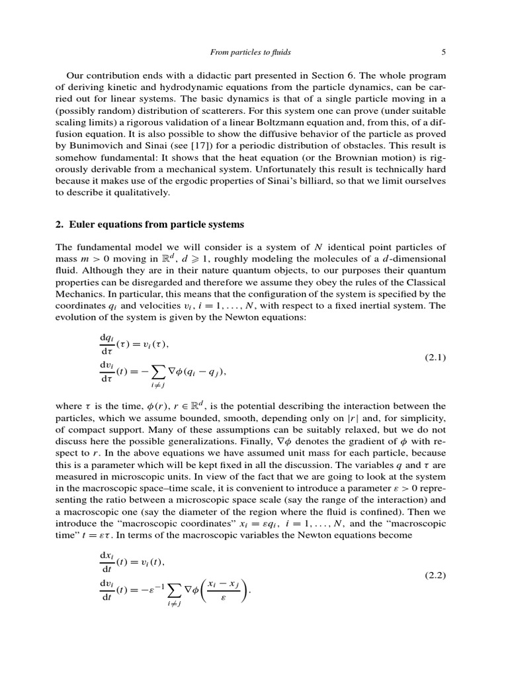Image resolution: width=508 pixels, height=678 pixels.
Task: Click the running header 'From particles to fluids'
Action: point(249,51)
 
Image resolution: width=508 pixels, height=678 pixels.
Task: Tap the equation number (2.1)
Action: point(435,358)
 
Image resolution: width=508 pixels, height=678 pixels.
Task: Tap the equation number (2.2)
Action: point(435,575)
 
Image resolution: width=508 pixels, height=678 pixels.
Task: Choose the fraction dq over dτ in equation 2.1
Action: point(107,342)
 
